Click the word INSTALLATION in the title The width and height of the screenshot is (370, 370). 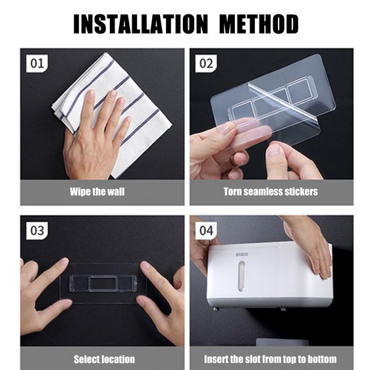tap(141, 24)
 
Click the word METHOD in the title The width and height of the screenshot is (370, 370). tap(259, 24)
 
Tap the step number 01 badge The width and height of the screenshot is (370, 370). tap(37, 63)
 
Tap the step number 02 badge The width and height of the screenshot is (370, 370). tap(206, 63)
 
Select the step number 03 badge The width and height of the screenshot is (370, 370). tap(37, 230)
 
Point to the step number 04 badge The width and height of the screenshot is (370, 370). tap(206, 230)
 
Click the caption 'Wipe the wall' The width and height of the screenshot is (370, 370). tap(97, 192)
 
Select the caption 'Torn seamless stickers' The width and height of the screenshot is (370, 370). tap(271, 192)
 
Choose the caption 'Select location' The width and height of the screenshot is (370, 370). tap(104, 359)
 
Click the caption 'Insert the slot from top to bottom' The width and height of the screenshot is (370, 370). tap(271, 359)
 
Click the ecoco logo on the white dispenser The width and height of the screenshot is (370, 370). tap(242, 254)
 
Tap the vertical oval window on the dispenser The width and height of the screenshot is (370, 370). tap(241, 276)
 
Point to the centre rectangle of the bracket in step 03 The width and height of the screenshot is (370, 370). tap(103, 283)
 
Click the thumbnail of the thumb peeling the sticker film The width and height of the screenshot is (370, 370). tap(274, 150)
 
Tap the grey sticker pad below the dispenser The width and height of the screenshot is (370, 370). tap(282, 342)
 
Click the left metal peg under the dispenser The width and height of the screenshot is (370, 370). tap(216, 308)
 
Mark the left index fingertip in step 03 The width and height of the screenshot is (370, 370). tap(63, 261)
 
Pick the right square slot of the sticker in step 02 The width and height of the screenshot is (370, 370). tap(299, 90)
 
